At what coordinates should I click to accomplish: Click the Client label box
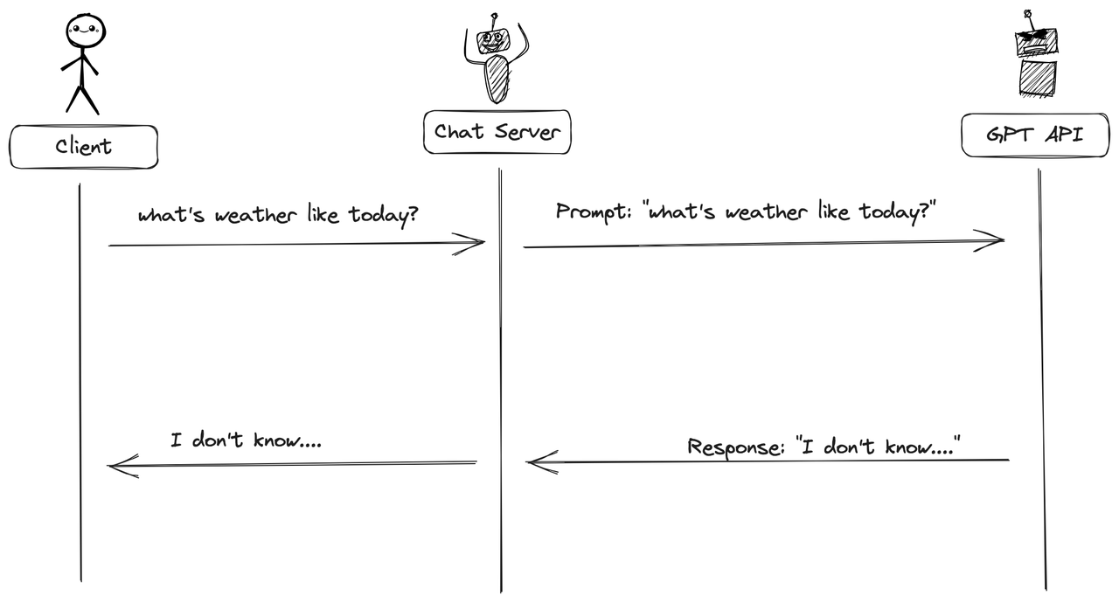84,147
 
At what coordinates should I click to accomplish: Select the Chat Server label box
497,132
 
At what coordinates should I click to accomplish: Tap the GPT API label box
1035,135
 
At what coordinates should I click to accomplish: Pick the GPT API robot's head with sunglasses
1036,40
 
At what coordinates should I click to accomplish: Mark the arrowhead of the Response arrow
536,462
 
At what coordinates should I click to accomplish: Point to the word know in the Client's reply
273,440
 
